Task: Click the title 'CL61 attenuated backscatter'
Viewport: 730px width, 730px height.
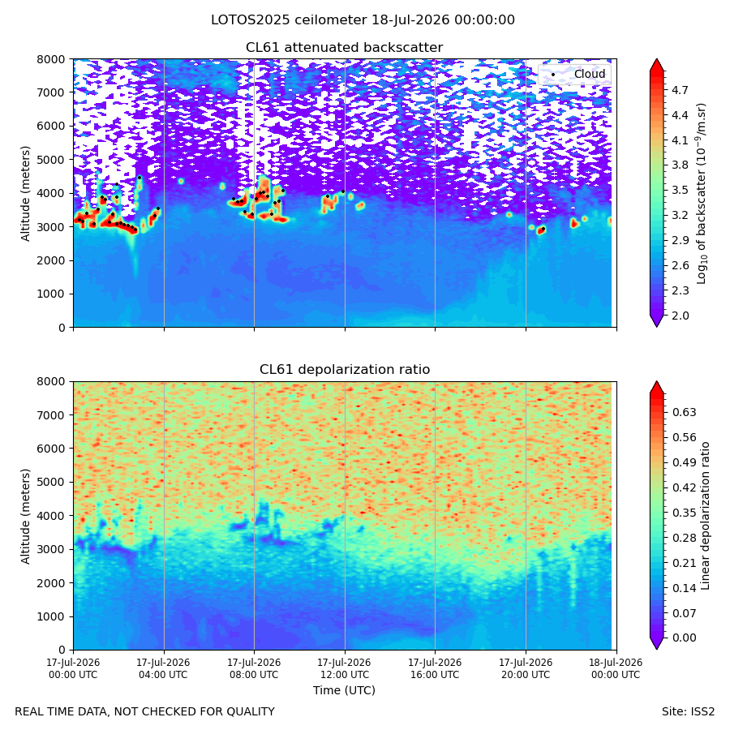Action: [x=344, y=48]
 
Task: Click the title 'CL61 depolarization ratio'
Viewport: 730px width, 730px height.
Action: [x=345, y=370]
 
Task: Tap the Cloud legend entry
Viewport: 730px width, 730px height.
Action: [x=580, y=74]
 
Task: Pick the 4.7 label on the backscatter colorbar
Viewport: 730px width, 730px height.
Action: [x=680, y=90]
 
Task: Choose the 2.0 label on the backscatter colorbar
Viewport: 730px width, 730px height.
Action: [x=680, y=316]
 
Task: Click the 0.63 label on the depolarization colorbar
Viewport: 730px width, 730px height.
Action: [x=684, y=412]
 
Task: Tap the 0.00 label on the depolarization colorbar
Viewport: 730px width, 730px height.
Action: [x=684, y=638]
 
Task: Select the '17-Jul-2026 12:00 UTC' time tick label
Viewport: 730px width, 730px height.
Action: [x=345, y=668]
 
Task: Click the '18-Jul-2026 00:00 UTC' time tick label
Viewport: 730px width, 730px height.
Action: [x=616, y=668]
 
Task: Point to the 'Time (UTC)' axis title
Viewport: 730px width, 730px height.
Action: [x=344, y=690]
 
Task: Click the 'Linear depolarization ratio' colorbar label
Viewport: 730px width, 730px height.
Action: [x=705, y=516]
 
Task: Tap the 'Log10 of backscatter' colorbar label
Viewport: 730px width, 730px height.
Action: [x=702, y=194]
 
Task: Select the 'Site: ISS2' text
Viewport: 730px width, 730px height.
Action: [x=688, y=712]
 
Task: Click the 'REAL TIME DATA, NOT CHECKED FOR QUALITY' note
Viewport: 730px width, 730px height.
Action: [x=145, y=712]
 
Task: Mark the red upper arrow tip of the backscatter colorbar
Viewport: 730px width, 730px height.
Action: [x=656, y=59]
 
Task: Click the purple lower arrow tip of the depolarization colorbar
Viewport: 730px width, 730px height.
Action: [x=656, y=649]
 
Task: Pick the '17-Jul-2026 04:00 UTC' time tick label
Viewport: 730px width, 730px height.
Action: [x=163, y=668]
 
